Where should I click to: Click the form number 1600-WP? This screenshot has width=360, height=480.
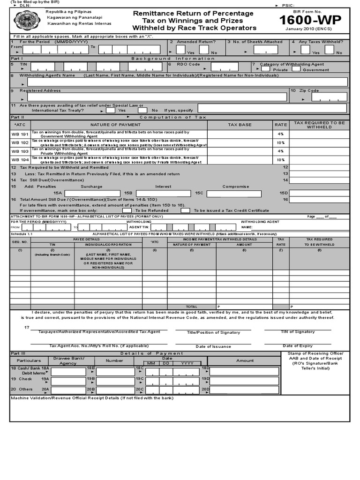(x=310, y=20)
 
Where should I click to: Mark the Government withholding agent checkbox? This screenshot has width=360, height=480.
(x=295, y=69)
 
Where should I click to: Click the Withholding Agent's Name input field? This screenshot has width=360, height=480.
(x=187, y=82)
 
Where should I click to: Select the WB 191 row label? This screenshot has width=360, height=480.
(x=20, y=134)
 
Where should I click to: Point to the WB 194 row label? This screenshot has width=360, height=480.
(x=20, y=160)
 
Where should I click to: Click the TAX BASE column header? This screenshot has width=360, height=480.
(x=240, y=125)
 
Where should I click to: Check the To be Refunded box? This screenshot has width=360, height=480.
(x=127, y=210)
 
